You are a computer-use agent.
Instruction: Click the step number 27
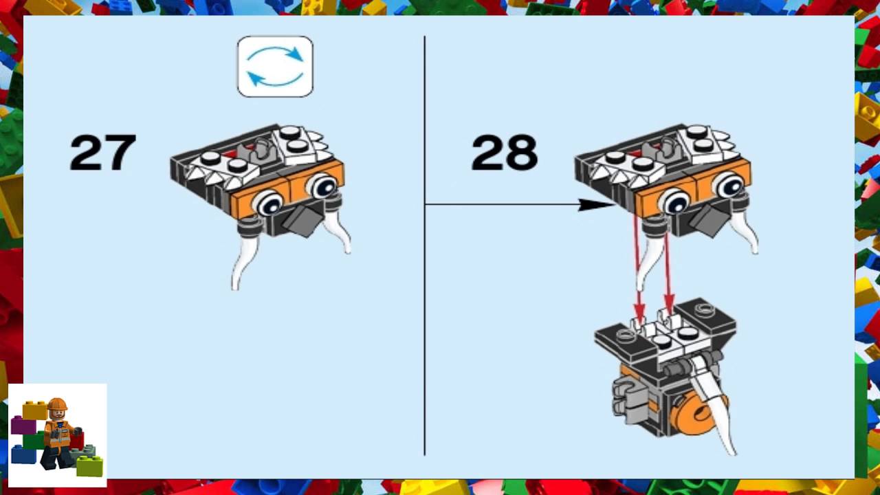tap(103, 153)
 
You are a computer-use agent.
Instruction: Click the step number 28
tap(504, 153)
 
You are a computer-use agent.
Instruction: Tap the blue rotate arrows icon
tap(275, 67)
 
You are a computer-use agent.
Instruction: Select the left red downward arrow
tap(637, 268)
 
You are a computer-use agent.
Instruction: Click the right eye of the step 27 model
tap(322, 185)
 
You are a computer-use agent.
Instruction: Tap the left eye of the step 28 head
tap(674, 201)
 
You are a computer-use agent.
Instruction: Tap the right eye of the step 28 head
tap(727, 185)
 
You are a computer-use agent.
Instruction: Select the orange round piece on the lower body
tap(694, 417)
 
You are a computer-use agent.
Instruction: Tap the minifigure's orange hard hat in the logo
tap(58, 405)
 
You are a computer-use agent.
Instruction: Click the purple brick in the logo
tap(22, 425)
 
